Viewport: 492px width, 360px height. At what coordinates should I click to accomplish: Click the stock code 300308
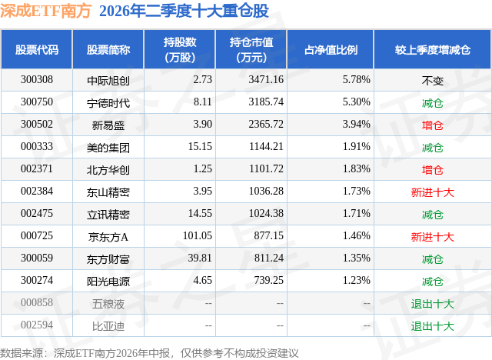point(37,80)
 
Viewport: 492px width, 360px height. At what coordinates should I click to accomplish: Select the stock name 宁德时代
point(108,103)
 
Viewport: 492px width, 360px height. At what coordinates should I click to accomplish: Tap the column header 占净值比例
point(331,49)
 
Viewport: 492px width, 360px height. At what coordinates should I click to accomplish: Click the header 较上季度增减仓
point(432,49)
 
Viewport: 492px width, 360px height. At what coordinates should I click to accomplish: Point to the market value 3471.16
point(266,80)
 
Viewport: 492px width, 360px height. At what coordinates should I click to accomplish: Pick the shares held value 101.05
point(198,235)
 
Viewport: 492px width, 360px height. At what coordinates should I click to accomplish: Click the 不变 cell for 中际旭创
point(432,81)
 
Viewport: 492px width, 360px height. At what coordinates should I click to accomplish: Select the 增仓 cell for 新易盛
point(432,125)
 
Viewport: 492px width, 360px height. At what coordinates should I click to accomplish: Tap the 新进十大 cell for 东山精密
point(432,192)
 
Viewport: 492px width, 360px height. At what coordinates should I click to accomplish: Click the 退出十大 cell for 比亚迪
point(432,326)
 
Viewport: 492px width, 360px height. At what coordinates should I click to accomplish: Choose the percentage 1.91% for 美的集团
point(357,147)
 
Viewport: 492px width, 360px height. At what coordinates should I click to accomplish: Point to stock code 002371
point(37,169)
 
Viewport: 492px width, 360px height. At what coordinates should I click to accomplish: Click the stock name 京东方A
point(108,237)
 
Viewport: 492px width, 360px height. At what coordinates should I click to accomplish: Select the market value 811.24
point(269,258)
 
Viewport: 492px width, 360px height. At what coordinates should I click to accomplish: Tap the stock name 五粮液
point(108,304)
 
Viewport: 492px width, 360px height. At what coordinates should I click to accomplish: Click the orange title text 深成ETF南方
point(46,11)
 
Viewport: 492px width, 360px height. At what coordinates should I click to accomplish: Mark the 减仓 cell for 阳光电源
point(432,282)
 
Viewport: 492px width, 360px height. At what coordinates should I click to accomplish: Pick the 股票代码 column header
point(37,49)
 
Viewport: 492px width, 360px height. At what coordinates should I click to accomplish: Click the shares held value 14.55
point(200,213)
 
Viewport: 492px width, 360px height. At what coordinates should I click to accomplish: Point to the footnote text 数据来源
point(22,353)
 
